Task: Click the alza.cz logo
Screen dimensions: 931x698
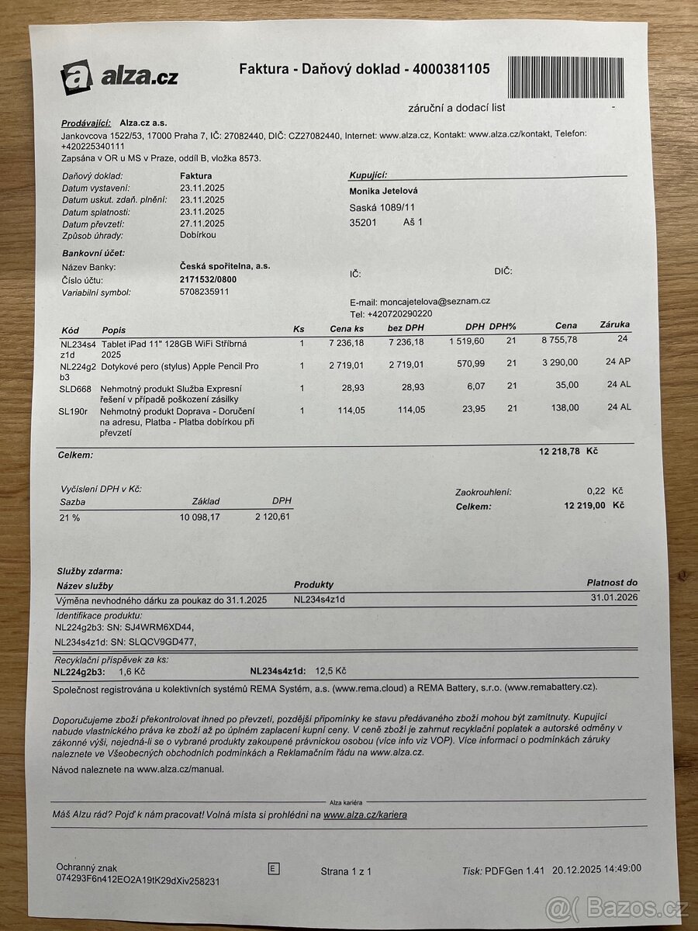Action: pos(119,77)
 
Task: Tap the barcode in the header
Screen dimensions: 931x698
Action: pos(567,75)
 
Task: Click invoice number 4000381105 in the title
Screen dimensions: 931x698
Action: pos(451,69)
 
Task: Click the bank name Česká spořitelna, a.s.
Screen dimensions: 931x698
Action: pos(225,266)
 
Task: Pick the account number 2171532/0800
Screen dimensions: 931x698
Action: pos(209,279)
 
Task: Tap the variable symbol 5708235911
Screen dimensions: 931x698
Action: pos(204,292)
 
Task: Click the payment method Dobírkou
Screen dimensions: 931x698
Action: pos(198,235)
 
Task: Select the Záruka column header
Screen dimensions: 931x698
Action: pos(615,325)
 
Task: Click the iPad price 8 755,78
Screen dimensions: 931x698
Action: pos(561,340)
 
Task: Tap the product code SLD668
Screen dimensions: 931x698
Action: pos(75,388)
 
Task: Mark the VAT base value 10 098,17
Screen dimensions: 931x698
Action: pos(200,517)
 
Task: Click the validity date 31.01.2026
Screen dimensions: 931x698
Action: pos(614,597)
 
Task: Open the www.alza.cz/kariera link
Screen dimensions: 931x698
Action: pos(365,815)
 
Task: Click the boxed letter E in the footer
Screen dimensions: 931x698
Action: pos(273,869)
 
